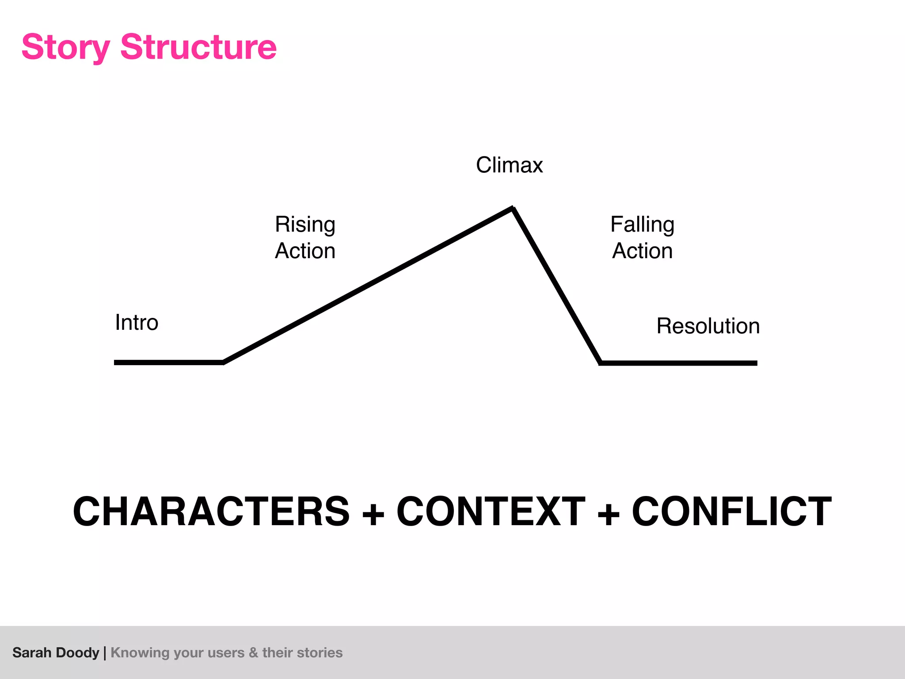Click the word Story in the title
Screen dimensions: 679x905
65,47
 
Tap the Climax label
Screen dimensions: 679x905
509,165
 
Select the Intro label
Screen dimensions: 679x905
137,322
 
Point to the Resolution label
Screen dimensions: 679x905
708,326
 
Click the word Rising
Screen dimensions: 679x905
305,225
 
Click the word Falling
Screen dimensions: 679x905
642,225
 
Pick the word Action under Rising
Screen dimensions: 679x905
305,251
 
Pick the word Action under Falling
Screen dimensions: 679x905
642,251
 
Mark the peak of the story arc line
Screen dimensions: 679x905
512,208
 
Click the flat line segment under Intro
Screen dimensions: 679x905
168,362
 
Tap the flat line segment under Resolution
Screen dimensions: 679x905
678,363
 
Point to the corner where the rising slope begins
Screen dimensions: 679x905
223,362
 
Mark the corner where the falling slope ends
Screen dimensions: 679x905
601,362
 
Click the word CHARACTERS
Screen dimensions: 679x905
211,511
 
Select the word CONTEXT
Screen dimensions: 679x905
491,511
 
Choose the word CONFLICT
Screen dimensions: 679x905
731,511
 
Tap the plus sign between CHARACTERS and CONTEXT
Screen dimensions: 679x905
373,514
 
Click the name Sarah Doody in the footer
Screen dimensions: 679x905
56,652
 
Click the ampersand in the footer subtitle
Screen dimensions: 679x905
253,652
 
